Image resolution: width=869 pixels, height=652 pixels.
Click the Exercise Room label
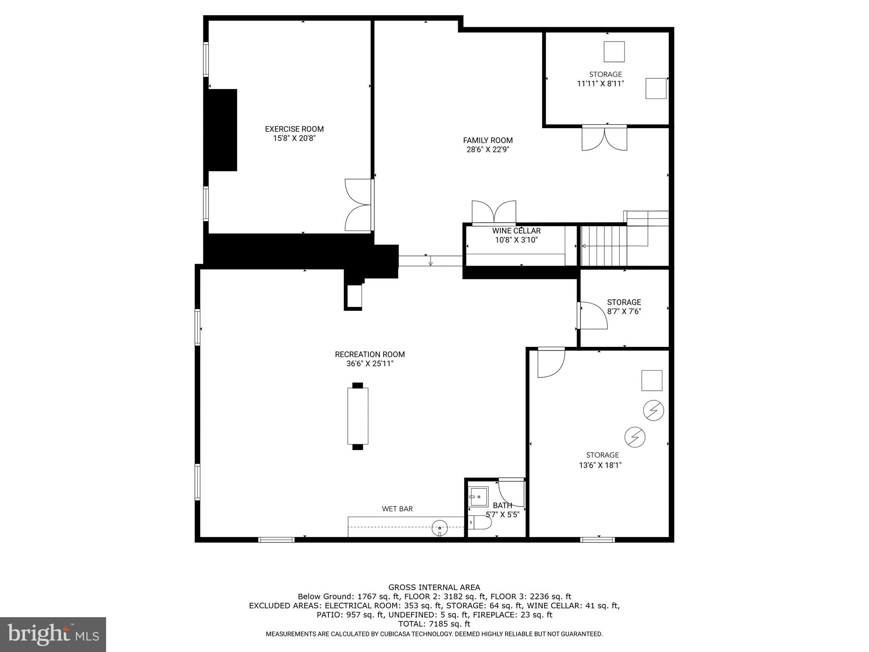(294, 129)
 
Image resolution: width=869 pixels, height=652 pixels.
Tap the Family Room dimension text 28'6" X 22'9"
(488, 149)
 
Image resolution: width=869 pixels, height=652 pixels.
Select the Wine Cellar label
(516, 231)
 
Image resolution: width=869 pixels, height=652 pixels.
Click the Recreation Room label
(370, 354)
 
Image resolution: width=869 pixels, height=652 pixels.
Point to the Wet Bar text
(397, 509)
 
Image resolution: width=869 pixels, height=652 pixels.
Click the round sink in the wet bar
(440, 528)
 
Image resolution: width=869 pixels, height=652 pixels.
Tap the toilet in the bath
(480, 523)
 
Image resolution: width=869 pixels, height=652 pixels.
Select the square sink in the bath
(478, 496)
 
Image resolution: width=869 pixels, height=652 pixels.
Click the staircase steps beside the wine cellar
(603, 246)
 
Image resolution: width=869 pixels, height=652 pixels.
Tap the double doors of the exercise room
(359, 205)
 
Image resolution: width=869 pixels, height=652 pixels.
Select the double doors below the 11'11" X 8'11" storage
(604, 138)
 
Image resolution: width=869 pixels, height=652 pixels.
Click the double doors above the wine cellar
(494, 212)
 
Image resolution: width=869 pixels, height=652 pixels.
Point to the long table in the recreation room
(358, 416)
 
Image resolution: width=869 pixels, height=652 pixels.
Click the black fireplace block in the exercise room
(222, 130)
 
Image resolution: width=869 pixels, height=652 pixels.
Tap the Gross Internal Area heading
(434, 587)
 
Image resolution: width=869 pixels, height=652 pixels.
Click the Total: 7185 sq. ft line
(434, 624)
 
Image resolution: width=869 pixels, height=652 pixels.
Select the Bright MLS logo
(53, 634)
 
